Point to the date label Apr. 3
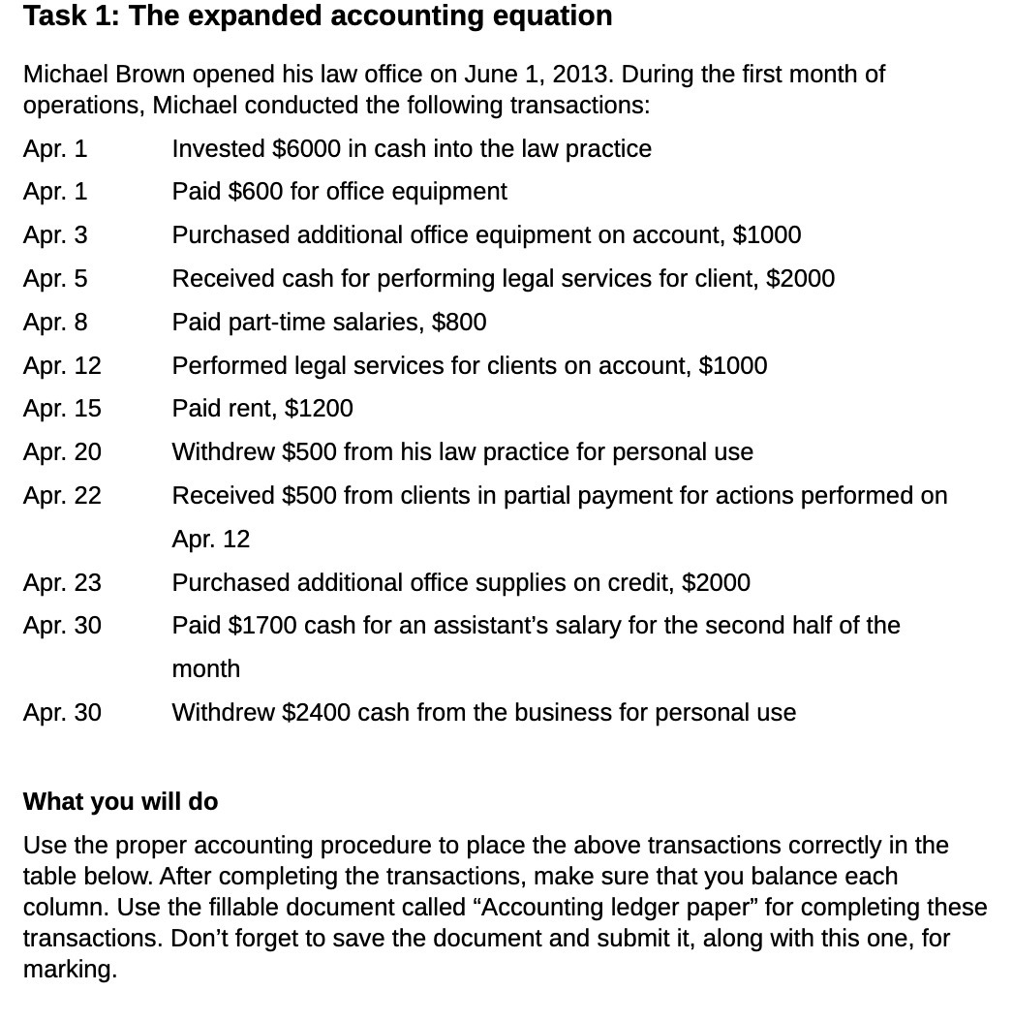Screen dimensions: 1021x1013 (55, 235)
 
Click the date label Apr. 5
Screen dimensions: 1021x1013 (55, 279)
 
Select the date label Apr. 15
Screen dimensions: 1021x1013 (62, 409)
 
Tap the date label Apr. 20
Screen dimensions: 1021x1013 (62, 452)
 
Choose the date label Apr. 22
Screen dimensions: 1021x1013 (62, 496)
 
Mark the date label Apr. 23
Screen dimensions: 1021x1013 (62, 582)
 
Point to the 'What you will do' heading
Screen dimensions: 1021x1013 (120, 802)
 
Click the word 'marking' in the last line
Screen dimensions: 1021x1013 (67, 970)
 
